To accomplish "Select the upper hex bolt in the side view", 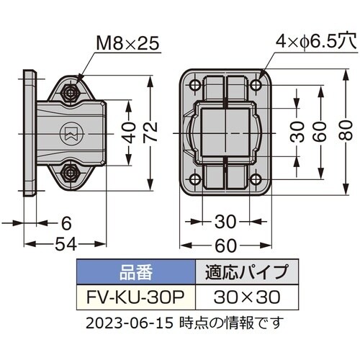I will click(x=71, y=93).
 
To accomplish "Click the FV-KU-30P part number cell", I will click(x=135, y=296).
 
